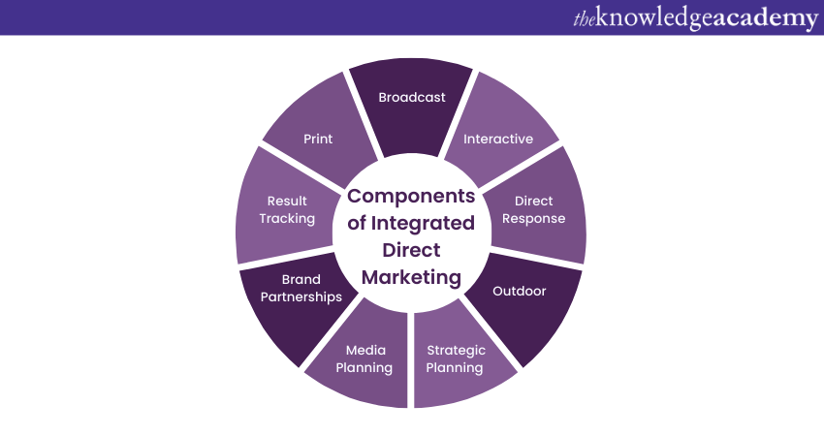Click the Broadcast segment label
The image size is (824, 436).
[412, 97]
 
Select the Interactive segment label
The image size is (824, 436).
[498, 139]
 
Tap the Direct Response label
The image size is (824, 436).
[534, 209]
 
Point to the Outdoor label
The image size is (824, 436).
[520, 291]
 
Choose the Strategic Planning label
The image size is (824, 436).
[455, 358]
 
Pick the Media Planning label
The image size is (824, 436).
[365, 358]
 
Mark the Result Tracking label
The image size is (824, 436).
[287, 209]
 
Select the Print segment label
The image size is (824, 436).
[318, 139]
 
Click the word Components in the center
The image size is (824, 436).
[411, 196]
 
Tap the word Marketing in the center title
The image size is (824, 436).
[411, 277]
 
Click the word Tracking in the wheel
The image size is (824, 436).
[287, 218]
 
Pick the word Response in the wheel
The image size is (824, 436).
[534, 218]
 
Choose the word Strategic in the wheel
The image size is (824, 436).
[456, 350]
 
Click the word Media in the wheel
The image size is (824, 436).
[365, 350]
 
